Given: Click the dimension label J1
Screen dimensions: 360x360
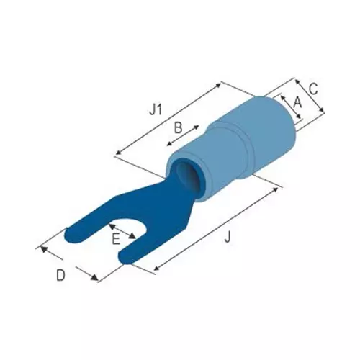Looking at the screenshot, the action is click(x=156, y=110).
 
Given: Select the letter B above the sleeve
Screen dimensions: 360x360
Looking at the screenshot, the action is click(x=178, y=127).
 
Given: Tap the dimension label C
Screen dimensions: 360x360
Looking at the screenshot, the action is click(x=313, y=89).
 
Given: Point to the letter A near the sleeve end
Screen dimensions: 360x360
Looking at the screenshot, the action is click(x=297, y=102).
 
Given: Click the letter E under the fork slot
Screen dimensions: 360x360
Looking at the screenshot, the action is click(x=116, y=239).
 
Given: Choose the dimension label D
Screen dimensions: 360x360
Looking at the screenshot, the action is click(x=60, y=275).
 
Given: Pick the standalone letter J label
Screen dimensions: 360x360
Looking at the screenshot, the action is click(x=228, y=237).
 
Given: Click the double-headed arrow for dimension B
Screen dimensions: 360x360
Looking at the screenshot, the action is click(x=183, y=135).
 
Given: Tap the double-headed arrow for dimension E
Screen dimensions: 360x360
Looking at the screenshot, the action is click(x=122, y=231).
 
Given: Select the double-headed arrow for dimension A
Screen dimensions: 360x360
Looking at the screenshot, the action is click(x=291, y=107).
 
